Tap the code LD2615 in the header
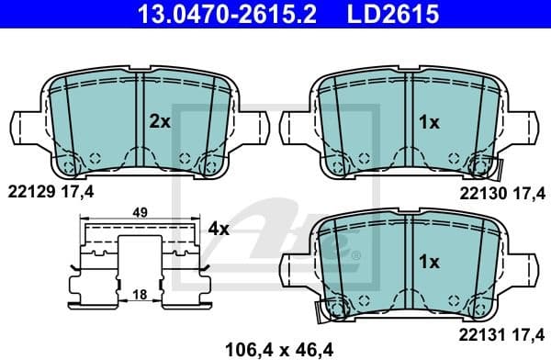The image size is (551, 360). point(378,16)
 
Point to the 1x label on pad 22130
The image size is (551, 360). point(427,120)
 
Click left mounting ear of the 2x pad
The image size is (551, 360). point(26,124)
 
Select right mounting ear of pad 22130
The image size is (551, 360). point(525,124)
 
